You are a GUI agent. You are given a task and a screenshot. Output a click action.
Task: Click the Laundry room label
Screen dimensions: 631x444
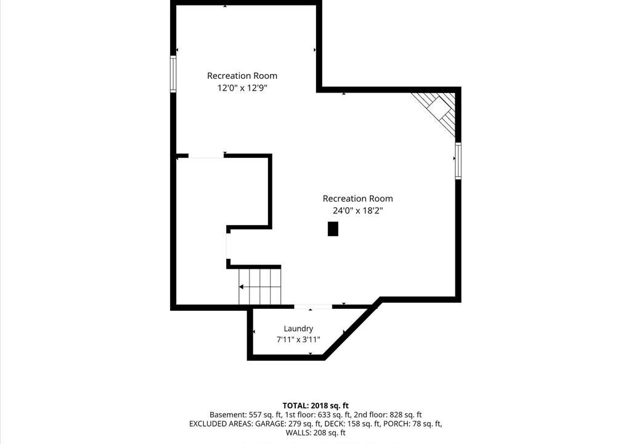(x=298, y=329)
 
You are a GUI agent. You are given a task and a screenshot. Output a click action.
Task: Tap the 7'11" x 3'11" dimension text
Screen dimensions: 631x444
(x=298, y=340)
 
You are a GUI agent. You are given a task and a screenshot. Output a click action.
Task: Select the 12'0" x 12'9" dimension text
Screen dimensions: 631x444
(x=242, y=88)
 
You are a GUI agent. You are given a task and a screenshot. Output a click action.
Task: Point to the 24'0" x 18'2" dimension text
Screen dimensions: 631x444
(x=358, y=210)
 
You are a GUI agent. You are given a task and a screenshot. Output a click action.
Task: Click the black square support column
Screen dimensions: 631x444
(x=333, y=229)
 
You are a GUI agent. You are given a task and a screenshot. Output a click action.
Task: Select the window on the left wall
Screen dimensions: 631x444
(x=173, y=74)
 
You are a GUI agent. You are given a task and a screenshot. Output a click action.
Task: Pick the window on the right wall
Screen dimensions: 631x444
(x=458, y=160)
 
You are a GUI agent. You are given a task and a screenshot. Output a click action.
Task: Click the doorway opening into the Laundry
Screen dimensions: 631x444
(x=313, y=307)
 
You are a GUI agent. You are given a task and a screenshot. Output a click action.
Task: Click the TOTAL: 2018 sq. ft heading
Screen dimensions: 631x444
(x=315, y=406)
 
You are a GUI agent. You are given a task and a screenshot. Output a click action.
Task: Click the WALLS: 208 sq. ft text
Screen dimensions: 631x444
(x=315, y=433)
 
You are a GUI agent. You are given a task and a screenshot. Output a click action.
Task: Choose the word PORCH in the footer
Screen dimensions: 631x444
(x=397, y=424)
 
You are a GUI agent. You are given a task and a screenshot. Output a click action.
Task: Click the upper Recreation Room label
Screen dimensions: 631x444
(x=242, y=76)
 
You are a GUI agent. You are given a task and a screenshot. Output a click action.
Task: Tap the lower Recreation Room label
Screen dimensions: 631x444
(x=358, y=199)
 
